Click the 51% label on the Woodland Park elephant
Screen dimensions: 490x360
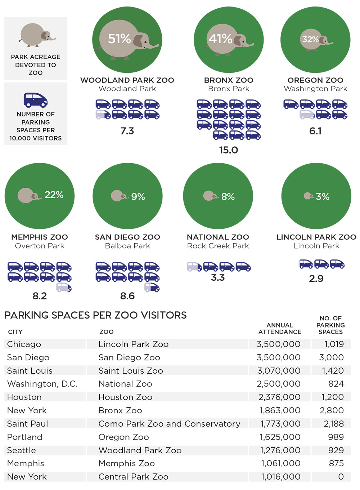click(120, 39)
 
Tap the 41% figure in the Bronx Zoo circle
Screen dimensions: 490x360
click(220, 39)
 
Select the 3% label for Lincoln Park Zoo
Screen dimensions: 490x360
click(323, 197)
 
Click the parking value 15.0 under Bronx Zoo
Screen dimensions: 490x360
click(229, 150)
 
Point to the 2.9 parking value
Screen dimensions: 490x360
click(316, 279)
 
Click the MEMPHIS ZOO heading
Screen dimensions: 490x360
click(40, 237)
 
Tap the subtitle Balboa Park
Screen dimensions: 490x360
click(127, 246)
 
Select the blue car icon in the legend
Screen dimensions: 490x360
click(36, 100)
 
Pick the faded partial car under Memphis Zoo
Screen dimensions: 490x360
click(64, 288)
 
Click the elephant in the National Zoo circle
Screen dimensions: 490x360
click(210, 196)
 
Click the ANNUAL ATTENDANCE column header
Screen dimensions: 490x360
click(280, 328)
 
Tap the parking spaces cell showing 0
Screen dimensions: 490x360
click(341, 477)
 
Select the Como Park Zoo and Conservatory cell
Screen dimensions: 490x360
click(169, 424)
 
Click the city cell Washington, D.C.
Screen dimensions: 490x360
click(42, 384)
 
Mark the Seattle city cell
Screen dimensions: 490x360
click(22, 450)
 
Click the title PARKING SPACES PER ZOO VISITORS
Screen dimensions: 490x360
click(95, 315)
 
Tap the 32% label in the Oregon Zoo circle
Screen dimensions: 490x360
click(310, 39)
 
